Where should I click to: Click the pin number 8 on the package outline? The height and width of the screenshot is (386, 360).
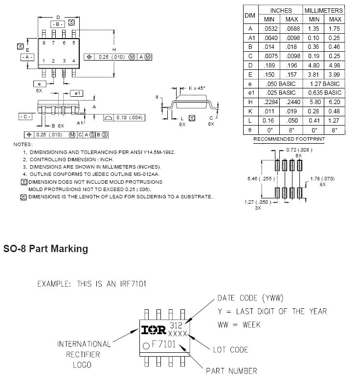pos(44,43)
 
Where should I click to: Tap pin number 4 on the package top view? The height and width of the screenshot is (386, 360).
pos(74,61)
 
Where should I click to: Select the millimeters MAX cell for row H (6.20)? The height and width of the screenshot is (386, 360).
pos(335,102)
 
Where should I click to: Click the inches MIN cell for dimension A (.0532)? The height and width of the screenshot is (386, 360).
pos(270,29)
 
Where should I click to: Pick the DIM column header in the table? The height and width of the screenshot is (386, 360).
pos(250,15)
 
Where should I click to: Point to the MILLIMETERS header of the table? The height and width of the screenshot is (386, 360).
pos(323,10)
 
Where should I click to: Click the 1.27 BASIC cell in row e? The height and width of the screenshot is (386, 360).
pos(325,84)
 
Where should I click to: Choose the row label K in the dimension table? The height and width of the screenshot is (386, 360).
pos(250,111)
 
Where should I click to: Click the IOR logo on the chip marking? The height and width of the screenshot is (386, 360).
pos(154,330)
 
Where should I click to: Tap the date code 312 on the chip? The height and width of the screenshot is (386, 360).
pos(176,325)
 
